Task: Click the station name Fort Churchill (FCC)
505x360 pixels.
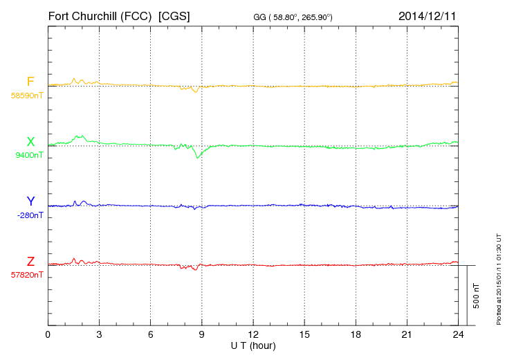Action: coord(100,15)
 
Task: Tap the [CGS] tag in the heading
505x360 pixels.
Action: coord(174,15)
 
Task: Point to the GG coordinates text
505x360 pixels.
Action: coord(293,17)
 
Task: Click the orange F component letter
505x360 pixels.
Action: coord(30,82)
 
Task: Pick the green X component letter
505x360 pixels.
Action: coord(30,142)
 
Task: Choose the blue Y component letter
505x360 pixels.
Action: coord(30,201)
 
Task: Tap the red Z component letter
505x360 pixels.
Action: coord(30,262)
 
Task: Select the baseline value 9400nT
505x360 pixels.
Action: coord(28,155)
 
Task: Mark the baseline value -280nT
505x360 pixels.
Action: coord(30,215)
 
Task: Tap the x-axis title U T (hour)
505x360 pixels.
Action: coord(252,345)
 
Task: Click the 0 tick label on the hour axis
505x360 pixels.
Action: coord(48,335)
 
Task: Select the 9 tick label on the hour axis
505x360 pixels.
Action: coord(202,335)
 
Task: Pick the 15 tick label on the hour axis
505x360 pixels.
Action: coord(304,335)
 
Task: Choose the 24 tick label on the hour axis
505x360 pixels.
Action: coord(458,335)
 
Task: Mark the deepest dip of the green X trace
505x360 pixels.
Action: coord(198,158)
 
